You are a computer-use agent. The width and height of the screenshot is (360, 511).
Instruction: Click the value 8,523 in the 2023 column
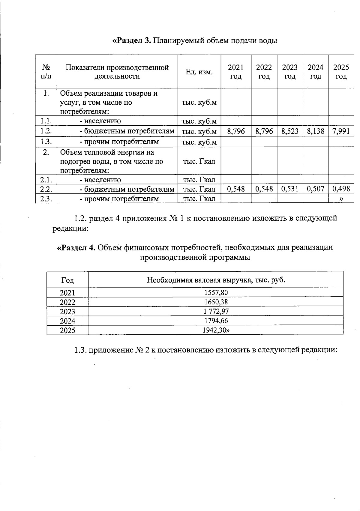[x=290, y=131]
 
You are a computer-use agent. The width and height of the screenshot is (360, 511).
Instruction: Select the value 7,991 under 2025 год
[x=341, y=131]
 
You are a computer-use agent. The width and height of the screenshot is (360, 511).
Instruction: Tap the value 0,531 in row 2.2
[x=290, y=189]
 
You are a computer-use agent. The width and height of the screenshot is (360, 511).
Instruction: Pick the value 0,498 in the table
[x=341, y=189]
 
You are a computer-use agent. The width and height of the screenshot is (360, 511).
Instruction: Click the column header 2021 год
[x=236, y=72]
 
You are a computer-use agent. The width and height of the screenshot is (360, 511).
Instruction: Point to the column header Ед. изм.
[x=199, y=72]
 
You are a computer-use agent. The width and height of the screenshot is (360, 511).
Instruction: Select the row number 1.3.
[x=46, y=141]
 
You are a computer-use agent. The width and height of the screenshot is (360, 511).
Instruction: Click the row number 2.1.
[x=46, y=180]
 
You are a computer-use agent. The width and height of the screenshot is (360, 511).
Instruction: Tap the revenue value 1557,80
[x=216, y=292]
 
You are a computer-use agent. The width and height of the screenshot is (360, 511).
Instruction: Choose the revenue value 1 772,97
[x=216, y=311]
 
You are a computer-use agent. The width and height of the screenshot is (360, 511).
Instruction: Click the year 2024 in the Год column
[x=67, y=321]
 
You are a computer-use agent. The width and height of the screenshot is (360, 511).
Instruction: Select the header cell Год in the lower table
[x=67, y=280]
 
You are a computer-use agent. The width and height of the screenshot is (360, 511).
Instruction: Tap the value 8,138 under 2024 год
[x=316, y=131]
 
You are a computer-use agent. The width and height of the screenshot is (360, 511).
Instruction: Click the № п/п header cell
[x=46, y=72]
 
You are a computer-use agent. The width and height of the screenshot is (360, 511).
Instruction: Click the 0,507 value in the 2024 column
[x=316, y=189]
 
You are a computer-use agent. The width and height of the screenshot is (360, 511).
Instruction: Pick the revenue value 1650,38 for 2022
[x=216, y=302]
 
